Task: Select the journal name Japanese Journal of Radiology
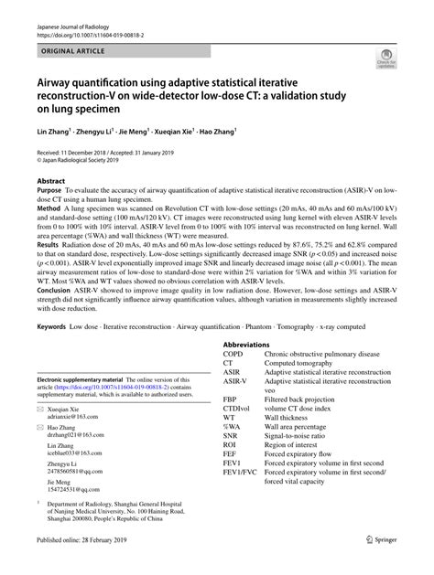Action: click(69, 27)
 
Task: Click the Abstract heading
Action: click(50, 182)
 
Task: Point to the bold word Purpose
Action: click(51, 192)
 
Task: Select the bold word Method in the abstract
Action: click(49, 208)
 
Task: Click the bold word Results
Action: click(49, 244)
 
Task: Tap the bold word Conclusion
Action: click(56, 295)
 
